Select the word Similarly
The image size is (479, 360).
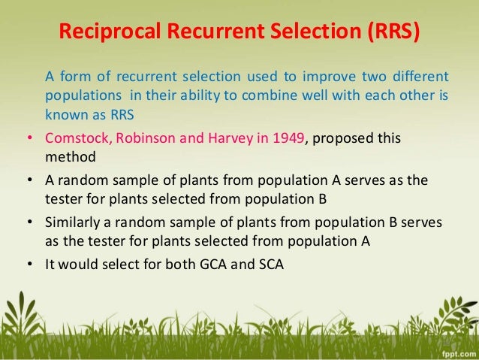[x=74, y=223]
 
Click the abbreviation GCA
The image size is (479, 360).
[x=210, y=265]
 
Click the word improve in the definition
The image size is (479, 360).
[x=325, y=77]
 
